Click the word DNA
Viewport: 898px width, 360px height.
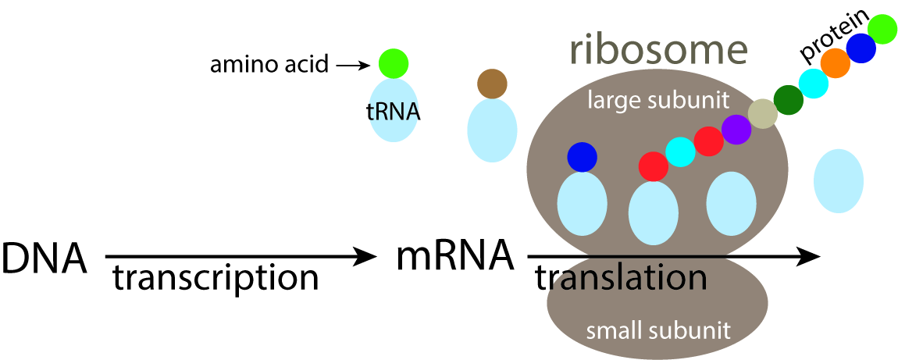[44, 258]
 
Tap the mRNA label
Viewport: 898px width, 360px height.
[455, 255]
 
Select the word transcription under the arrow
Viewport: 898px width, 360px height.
[215, 278]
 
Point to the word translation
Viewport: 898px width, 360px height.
[621, 278]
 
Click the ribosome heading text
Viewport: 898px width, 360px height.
[658, 50]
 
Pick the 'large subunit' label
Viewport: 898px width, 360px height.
[658, 99]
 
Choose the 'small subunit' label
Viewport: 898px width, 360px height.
[658, 330]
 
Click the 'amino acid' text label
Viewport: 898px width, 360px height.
[269, 64]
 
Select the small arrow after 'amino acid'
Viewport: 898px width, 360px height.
[352, 66]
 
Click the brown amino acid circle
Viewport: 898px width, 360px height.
[492, 84]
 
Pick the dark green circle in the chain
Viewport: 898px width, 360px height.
[788, 98]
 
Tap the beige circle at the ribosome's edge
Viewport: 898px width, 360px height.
[762, 115]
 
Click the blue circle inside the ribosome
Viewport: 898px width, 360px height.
[582, 157]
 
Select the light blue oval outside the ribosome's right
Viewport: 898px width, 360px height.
[838, 181]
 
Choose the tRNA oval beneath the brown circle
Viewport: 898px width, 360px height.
[492, 130]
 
